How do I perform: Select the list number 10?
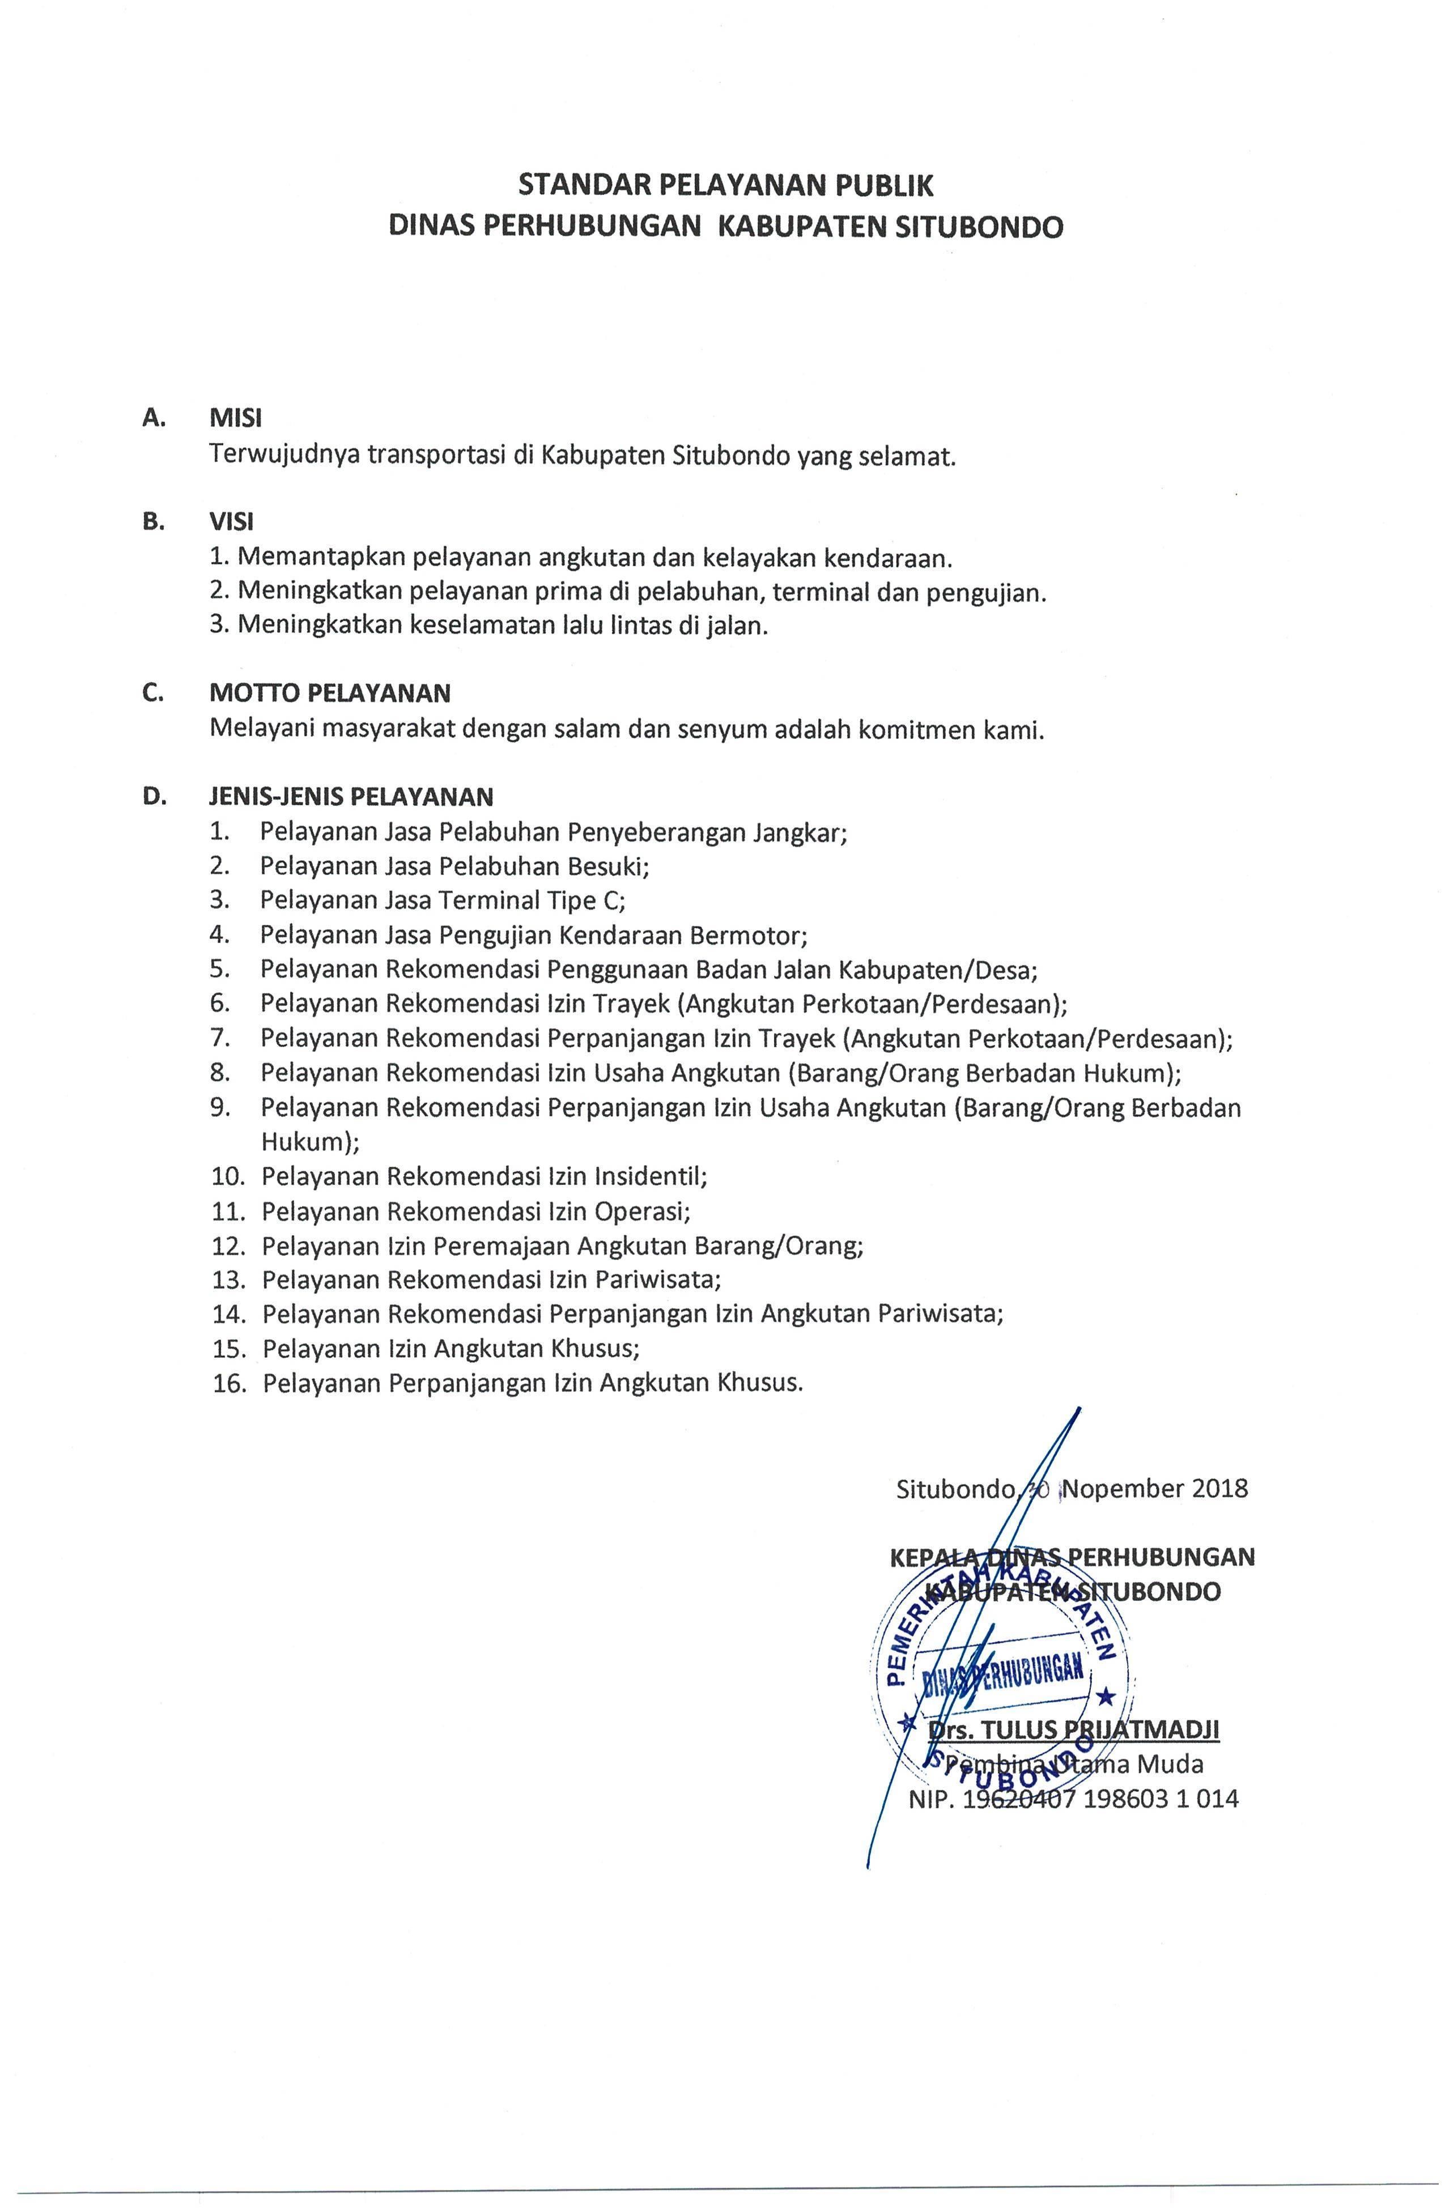tap(228, 1176)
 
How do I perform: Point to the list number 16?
tap(228, 1384)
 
